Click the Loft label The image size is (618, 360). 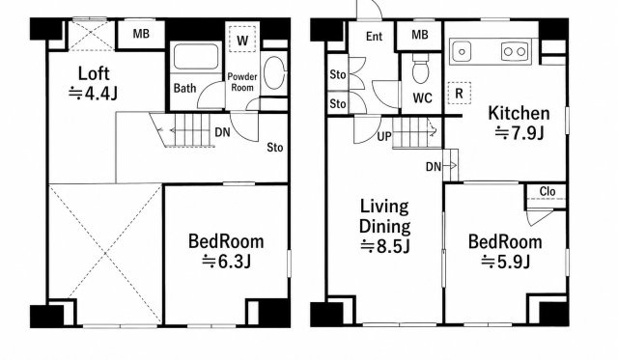coord(94,73)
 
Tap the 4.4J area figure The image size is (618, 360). coord(93,94)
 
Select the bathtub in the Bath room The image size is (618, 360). coord(196,57)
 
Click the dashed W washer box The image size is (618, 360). coord(242,39)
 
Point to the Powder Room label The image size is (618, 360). coord(242,82)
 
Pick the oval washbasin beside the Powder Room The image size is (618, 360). coord(273,72)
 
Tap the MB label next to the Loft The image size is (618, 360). coord(141,34)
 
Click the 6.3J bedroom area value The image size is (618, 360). coord(226,262)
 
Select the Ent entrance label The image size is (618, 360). coord(374,37)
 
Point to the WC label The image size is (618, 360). coord(423,98)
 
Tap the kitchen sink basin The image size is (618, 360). coord(462,51)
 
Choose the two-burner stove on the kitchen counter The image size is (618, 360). coord(515,51)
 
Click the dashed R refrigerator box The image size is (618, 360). coord(459,93)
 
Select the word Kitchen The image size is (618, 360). coord(519,113)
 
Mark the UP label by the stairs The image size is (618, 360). coord(384,137)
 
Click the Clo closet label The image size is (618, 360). coord(548,191)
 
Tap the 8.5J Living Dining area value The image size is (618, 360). coord(385,246)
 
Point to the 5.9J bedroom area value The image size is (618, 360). coord(505,262)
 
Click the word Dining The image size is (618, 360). coord(384,227)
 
